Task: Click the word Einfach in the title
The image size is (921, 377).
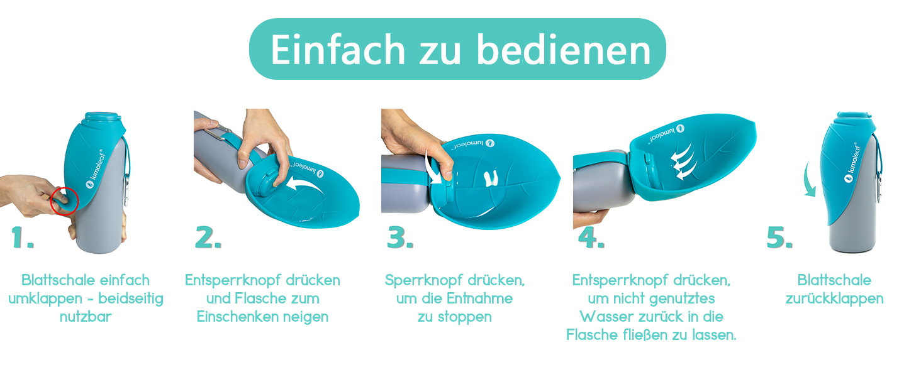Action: [338, 50]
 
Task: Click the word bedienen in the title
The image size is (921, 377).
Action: [564, 50]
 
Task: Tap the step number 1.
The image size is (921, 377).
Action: [23, 238]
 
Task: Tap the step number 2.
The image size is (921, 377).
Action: [208, 238]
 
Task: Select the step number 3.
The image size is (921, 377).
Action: [400, 238]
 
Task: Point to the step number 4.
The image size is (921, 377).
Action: [591, 238]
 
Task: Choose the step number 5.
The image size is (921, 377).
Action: [779, 238]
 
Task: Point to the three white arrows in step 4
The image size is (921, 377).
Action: [683, 161]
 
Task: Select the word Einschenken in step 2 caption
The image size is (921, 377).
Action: [237, 317]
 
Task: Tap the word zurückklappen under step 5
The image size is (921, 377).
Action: [834, 299]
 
